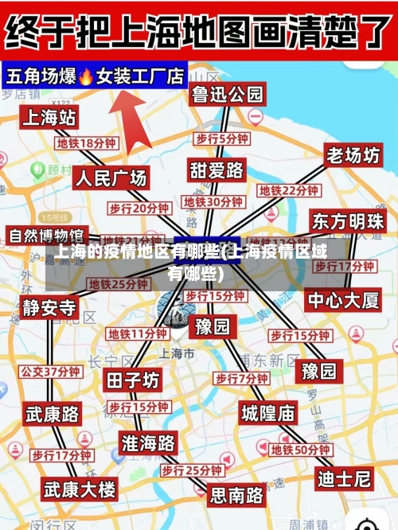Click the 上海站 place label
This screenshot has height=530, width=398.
pos(49,118)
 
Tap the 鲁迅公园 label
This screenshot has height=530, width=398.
pos(227,95)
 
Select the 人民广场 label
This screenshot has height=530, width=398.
pos(111,177)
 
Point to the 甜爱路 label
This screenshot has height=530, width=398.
pos(217,170)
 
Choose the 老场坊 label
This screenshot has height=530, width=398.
pos(353,155)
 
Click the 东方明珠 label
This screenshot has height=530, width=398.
pos(348,220)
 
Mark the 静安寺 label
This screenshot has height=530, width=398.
pos(49,307)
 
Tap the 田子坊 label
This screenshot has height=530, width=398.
pos(133,380)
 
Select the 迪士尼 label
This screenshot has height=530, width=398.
pos(344,478)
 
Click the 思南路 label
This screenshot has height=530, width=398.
pos(236,495)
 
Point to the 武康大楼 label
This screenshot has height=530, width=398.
pos(79,488)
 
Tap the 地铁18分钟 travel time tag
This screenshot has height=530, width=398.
pos(86,143)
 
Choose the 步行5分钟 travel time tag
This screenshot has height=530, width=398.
pos(222,138)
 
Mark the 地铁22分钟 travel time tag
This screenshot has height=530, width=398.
pos(288,191)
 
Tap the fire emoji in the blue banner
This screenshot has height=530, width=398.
pos(86,76)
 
